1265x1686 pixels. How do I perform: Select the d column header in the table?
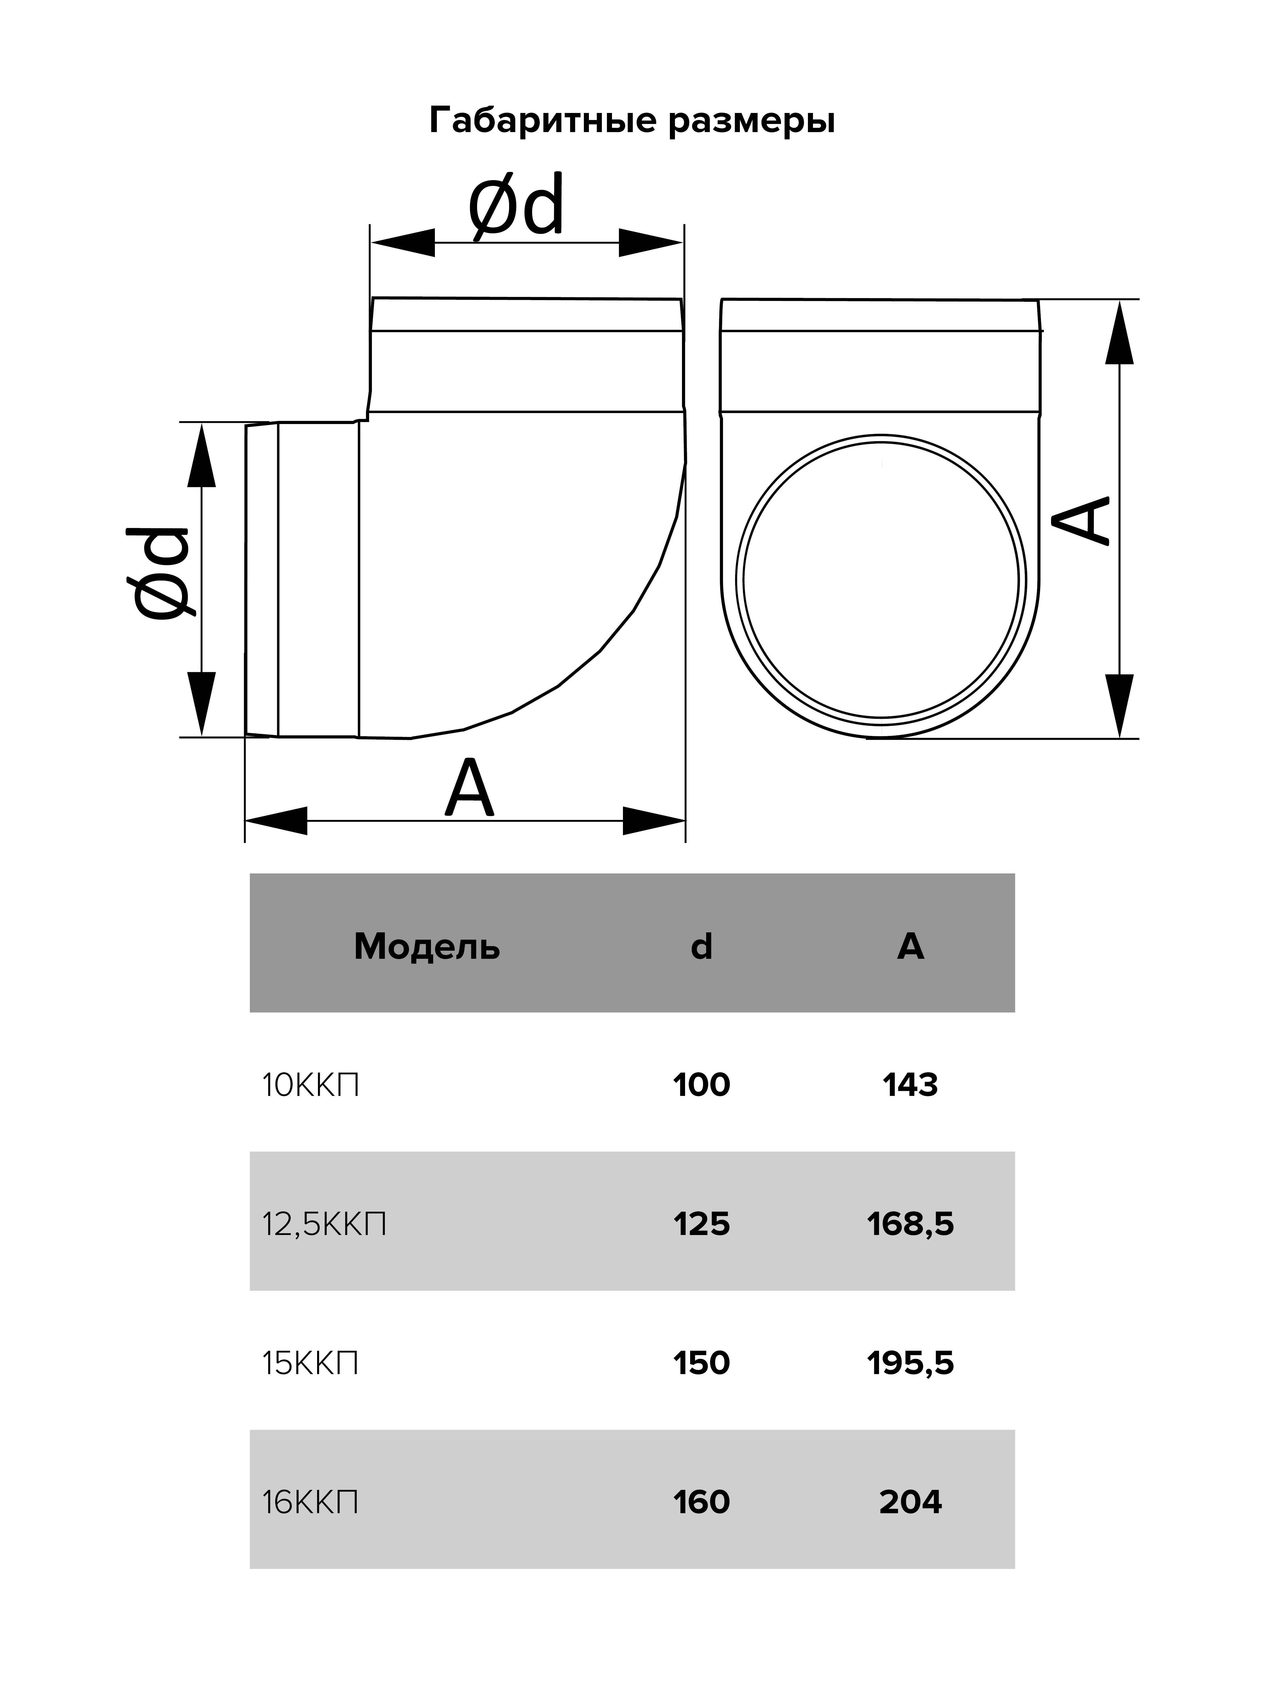(701, 947)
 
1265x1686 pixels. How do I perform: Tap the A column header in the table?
(911, 947)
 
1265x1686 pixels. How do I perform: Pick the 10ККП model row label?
(310, 1085)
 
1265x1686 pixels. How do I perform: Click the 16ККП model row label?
(310, 1502)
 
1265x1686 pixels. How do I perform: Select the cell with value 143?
(911, 1085)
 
